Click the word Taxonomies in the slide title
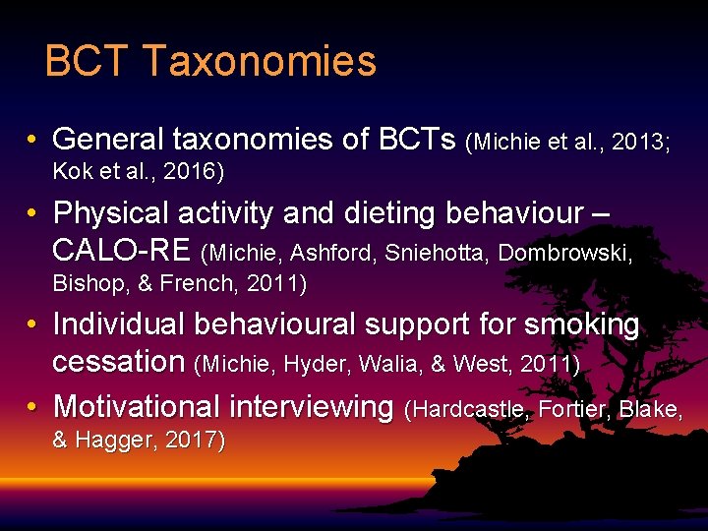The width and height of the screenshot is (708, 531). (x=260, y=61)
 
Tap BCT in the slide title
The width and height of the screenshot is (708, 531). (x=88, y=61)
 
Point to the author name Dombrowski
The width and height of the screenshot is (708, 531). (x=564, y=253)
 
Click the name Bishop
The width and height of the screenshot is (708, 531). (x=84, y=285)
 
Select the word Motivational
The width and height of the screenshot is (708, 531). (x=136, y=405)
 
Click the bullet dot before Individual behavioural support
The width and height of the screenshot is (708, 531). (x=33, y=325)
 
